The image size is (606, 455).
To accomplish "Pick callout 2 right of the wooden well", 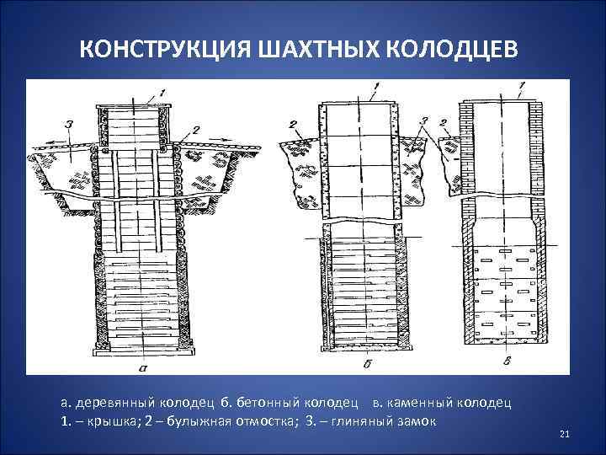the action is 195,129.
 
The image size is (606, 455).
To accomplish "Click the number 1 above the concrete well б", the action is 375,86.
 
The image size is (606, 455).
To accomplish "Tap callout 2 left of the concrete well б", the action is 295,124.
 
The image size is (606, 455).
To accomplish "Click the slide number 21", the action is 565,434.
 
